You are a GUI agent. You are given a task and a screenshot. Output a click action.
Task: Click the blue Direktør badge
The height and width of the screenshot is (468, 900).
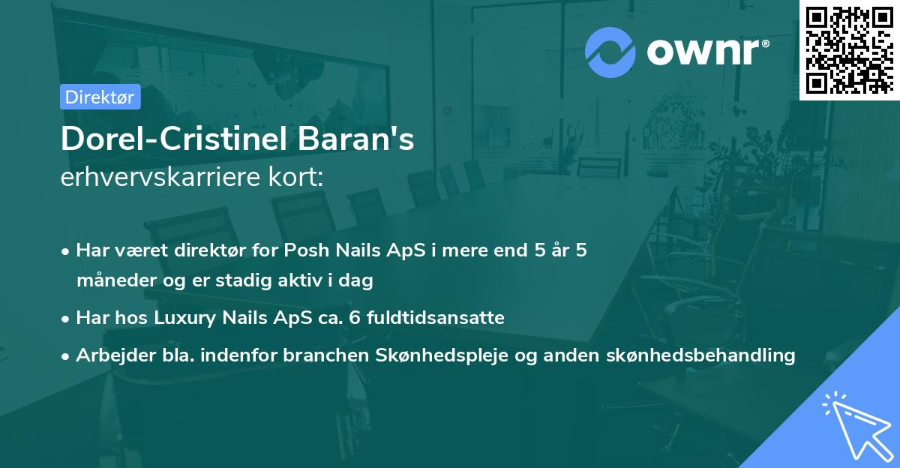click(x=100, y=97)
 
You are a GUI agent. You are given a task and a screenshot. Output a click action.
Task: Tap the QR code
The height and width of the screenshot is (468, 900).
click(x=850, y=50)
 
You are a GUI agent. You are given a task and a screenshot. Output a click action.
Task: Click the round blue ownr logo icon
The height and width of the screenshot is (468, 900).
click(x=610, y=52)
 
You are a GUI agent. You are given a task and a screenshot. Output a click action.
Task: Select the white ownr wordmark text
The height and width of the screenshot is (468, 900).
click(x=703, y=52)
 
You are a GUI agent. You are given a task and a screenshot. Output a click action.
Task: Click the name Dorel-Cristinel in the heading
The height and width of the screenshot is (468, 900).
click(x=174, y=139)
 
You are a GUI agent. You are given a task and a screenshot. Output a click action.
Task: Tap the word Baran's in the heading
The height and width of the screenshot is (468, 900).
click(x=355, y=139)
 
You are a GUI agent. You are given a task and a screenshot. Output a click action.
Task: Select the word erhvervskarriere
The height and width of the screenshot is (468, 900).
click(x=160, y=177)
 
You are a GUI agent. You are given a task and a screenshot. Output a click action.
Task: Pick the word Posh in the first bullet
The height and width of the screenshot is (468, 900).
click(x=307, y=250)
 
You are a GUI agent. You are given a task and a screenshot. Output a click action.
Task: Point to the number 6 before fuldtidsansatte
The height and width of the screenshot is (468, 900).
click(x=354, y=317)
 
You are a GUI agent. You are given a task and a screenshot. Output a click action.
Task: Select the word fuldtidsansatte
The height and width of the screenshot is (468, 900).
click(x=436, y=317)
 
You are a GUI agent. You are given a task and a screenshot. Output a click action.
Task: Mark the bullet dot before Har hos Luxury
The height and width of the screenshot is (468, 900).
click(x=65, y=319)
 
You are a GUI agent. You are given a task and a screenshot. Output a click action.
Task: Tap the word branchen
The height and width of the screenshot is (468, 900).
click(x=325, y=355)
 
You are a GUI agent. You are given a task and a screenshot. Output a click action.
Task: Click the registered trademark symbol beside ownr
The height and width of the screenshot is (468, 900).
click(x=765, y=43)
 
